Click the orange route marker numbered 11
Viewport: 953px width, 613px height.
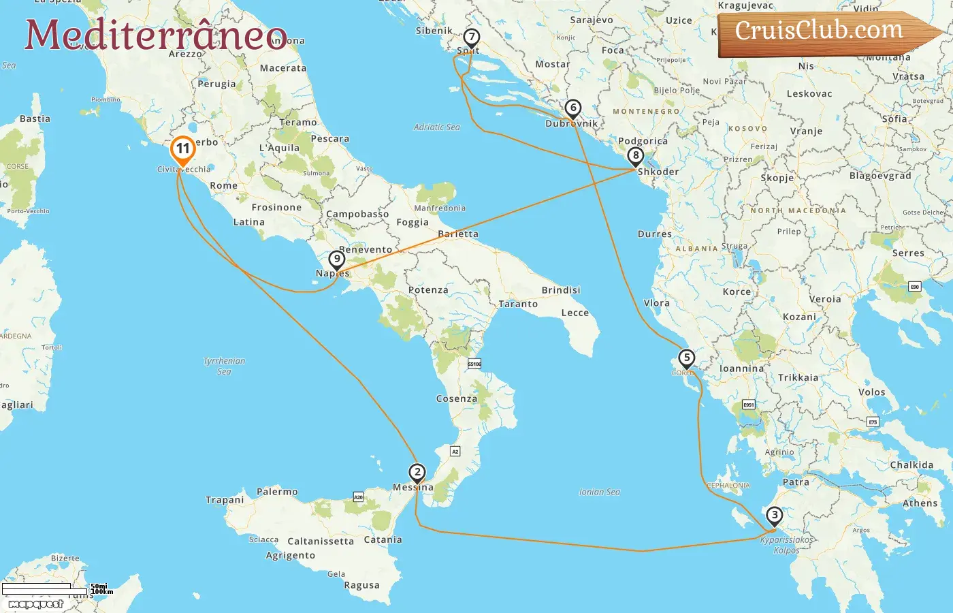pos(182,149)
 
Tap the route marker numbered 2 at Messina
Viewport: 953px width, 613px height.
pos(417,472)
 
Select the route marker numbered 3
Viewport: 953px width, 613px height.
pos(774,516)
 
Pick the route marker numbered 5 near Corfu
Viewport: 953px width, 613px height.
pos(686,358)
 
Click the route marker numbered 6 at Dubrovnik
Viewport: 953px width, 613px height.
pos(573,108)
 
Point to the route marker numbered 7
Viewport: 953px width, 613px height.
pos(471,37)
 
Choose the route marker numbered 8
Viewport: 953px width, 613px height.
pos(636,156)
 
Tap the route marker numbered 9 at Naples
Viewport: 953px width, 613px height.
pos(336,260)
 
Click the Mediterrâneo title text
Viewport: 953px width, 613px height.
pos(156,35)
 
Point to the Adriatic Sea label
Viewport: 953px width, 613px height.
pos(437,127)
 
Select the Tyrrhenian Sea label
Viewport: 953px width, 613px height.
pos(224,366)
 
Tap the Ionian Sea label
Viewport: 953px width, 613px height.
pos(599,492)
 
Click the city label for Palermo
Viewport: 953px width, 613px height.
pos(277,492)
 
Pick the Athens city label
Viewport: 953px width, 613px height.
pos(920,503)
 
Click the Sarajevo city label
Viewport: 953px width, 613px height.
pos(591,20)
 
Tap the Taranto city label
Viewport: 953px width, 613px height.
pos(518,304)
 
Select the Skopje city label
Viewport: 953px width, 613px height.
pos(777,178)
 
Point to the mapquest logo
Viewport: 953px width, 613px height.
pos(35,603)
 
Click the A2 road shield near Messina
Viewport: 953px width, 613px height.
pos(455,452)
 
